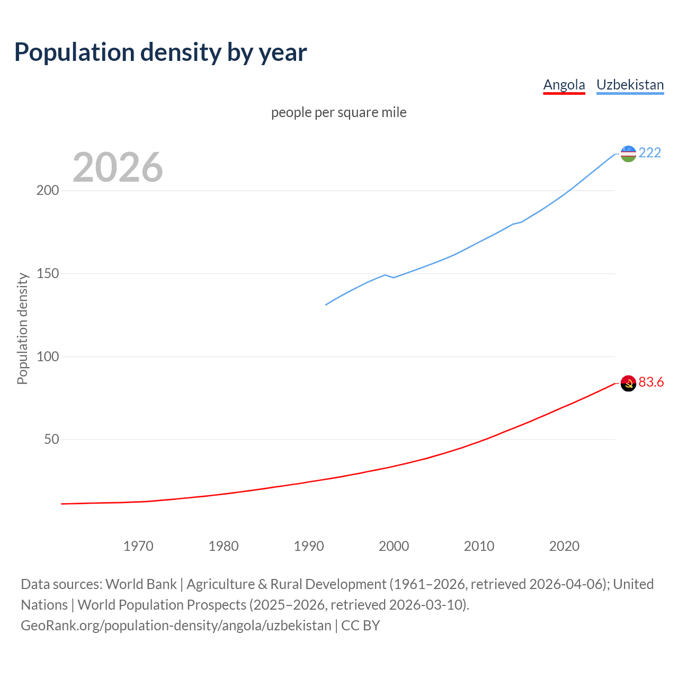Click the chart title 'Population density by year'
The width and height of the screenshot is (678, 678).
coord(160,52)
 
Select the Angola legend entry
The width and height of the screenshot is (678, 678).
coord(564,85)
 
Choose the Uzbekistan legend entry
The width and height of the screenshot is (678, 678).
coord(630,85)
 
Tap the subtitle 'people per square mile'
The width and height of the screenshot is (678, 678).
coord(338,112)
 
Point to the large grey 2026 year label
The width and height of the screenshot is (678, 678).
coord(118,167)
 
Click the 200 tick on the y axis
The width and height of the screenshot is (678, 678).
coord(47,191)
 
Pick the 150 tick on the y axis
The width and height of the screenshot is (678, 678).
coord(47,274)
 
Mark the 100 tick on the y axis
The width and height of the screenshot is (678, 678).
coord(47,356)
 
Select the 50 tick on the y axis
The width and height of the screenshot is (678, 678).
coord(51,440)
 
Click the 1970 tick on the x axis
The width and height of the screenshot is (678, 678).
coord(138,546)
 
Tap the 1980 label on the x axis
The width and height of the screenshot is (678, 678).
coord(224,546)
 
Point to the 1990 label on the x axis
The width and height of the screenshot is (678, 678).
coord(309,546)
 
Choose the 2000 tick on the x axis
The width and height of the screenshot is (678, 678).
coord(394,546)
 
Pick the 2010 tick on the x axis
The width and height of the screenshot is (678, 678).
coord(479,546)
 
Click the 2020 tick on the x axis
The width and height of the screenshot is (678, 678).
coord(564,546)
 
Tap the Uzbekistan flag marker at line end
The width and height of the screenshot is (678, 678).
coord(628,154)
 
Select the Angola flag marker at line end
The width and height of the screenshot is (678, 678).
coord(628,383)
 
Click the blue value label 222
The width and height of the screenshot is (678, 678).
coord(650,153)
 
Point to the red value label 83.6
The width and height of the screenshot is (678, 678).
coord(651,382)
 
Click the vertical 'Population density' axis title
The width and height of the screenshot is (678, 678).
coord(22,328)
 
